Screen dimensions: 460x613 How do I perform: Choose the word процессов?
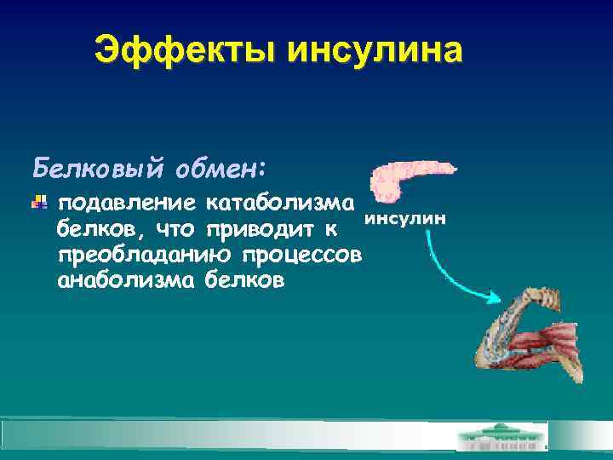coord(302,255)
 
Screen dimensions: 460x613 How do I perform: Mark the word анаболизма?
coord(125,279)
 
